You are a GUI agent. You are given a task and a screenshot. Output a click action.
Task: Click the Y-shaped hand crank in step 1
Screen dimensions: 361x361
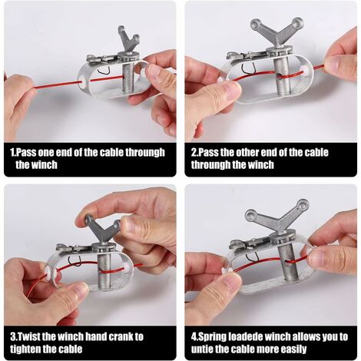128,41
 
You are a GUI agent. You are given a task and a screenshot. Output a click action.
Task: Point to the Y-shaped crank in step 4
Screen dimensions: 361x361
277,219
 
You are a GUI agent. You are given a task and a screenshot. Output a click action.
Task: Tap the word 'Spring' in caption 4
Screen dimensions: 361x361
212,337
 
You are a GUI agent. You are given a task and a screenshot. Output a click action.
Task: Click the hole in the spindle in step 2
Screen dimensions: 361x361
282,76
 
